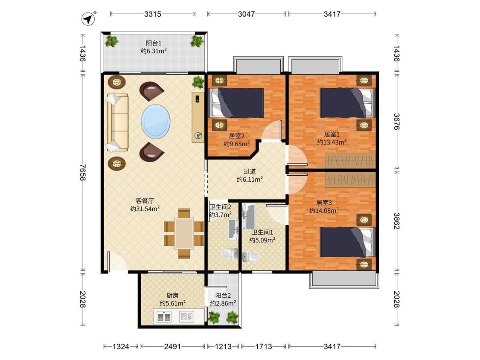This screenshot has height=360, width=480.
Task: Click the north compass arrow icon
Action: point(88,19)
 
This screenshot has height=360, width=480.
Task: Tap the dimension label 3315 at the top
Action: point(153,14)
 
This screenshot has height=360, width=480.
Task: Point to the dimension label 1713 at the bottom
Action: point(264,346)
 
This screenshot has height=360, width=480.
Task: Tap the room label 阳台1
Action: point(153,43)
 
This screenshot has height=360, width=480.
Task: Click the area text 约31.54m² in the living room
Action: point(145,209)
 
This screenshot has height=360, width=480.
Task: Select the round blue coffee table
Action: point(156,122)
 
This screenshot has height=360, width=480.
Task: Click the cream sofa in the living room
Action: point(117,122)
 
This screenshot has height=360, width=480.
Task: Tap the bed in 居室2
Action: point(236,103)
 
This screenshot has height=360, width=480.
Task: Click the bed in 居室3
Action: point(347,242)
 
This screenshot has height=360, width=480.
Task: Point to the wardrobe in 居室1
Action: point(350,160)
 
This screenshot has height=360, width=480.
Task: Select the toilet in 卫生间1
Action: point(250,257)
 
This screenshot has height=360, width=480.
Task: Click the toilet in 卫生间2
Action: point(230,253)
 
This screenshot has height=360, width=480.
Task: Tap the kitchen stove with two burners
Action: point(164,316)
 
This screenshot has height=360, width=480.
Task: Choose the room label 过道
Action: point(250,172)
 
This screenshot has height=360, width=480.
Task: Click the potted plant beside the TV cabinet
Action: point(198,82)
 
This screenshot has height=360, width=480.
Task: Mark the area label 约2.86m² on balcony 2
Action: point(223,303)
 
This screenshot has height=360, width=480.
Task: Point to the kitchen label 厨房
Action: point(172,296)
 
